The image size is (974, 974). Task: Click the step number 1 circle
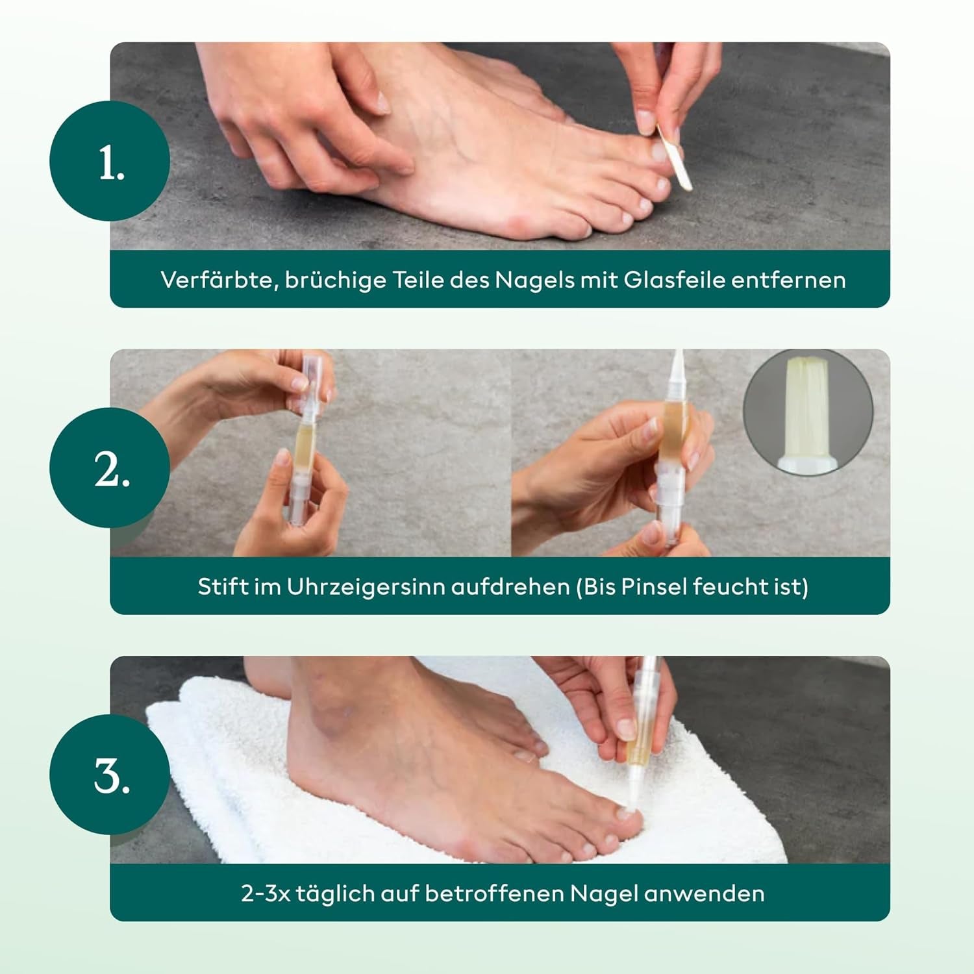tap(110, 161)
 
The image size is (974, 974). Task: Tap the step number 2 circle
tap(110, 468)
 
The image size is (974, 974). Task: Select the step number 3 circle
tap(110, 774)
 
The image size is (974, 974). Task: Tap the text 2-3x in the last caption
tap(266, 893)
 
